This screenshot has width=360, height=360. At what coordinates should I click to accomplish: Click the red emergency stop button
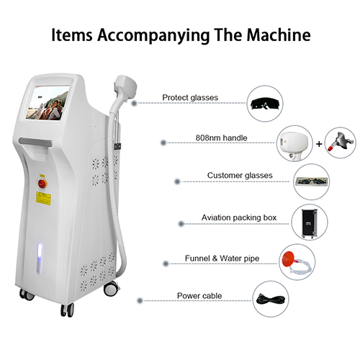(42, 184)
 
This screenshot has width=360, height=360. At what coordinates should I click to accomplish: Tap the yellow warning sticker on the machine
(43, 199)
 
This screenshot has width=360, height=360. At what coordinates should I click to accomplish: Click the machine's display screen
(48, 103)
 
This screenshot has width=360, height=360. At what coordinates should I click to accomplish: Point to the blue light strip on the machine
(40, 258)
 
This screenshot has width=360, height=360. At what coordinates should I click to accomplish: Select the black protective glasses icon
(265, 104)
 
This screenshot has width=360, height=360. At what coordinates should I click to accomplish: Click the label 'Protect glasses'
(190, 97)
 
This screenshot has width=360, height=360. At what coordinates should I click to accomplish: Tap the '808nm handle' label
(221, 138)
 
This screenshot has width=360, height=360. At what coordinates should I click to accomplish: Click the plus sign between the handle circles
(319, 144)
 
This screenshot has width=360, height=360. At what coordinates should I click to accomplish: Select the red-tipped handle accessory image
(341, 143)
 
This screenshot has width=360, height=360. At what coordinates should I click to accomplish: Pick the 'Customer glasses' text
(240, 175)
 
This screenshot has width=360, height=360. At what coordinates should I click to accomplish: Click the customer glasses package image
(312, 181)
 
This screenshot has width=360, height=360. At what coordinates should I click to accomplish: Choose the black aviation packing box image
(310, 223)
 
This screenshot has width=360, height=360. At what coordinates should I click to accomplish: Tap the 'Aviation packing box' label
(239, 217)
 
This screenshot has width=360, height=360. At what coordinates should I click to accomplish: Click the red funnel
(289, 258)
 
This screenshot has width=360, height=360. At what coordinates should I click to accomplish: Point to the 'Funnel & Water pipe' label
(222, 258)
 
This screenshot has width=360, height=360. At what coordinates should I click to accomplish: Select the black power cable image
(271, 300)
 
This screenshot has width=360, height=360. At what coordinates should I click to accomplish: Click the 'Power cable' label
(199, 296)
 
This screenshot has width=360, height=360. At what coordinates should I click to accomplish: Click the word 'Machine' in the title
(279, 35)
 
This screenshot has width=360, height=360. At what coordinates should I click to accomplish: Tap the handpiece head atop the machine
(126, 85)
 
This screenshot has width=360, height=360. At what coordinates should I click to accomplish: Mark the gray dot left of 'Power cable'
(140, 300)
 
